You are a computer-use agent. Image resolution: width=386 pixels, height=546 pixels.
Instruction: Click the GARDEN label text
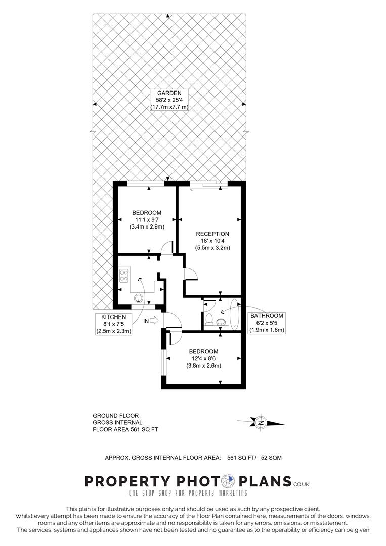[169, 93]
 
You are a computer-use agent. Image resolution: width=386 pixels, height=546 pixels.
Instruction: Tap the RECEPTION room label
[212, 234]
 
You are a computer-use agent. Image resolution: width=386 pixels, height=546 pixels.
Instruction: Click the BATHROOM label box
[267, 323]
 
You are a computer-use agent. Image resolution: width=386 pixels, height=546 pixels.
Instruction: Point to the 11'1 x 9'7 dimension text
[147, 220]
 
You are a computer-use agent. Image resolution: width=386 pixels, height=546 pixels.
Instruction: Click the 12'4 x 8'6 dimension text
[203, 358]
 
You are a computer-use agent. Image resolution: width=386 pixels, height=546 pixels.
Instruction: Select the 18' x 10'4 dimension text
[212, 241]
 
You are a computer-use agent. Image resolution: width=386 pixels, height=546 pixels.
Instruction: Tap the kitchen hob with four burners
[124, 276]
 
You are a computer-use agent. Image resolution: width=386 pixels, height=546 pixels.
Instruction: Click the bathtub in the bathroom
[234, 314]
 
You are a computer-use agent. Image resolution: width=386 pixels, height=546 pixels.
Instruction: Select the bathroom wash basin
[221, 322]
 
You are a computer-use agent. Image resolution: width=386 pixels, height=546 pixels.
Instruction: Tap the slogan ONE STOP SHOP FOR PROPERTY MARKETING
[188, 493]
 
